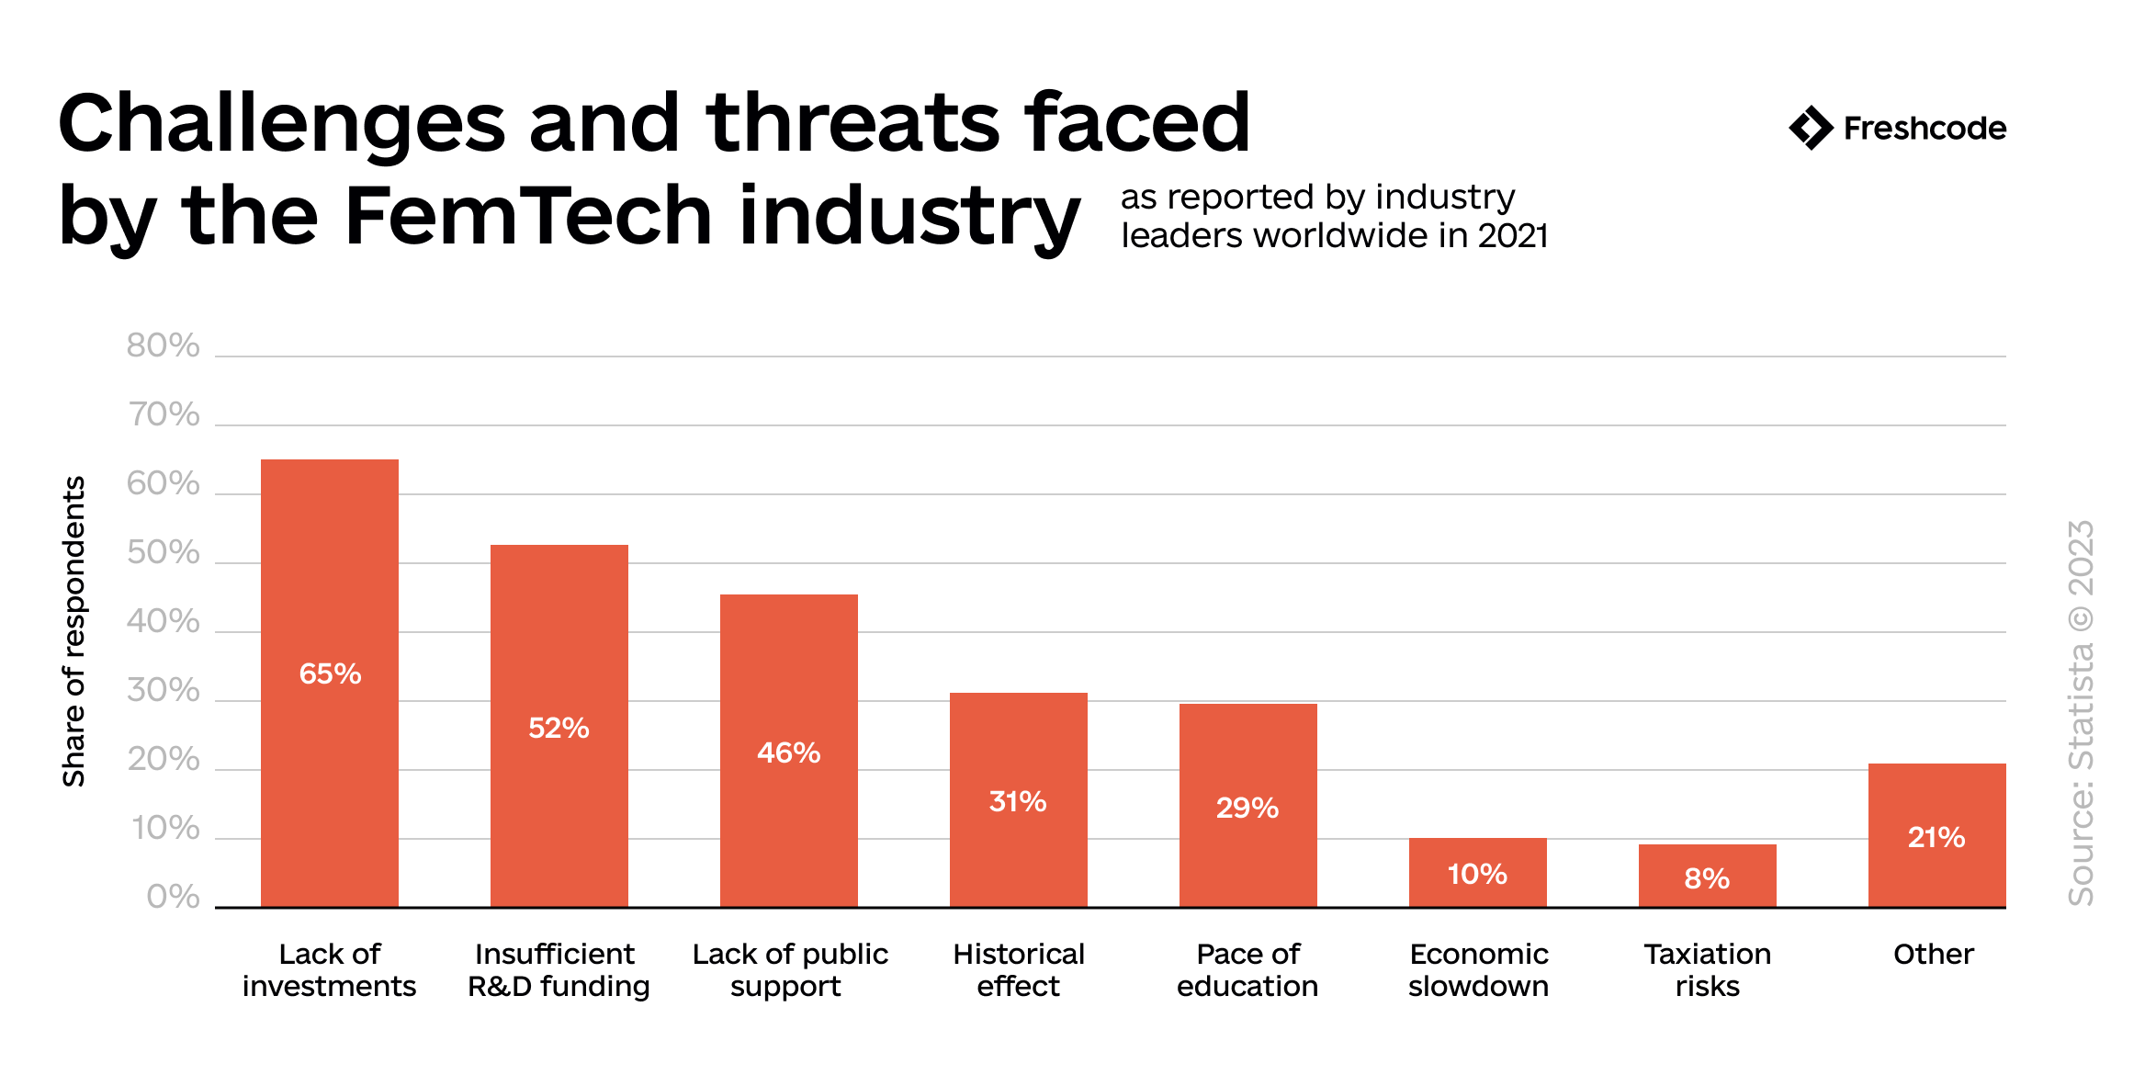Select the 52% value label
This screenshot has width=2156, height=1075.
pos(559,728)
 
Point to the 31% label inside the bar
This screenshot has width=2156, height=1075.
pos(1018,801)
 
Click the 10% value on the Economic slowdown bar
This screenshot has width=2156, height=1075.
pos(1477,874)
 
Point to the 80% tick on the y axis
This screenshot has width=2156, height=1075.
pos(163,345)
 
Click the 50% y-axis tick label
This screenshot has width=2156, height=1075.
pos(163,552)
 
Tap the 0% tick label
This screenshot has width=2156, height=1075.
pos(173,897)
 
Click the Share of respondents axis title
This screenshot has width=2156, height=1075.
pos(73,631)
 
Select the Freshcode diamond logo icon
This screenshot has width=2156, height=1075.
pos(1811,128)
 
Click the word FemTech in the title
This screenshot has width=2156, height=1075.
pos(528,216)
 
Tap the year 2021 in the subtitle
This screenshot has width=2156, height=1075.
pos(1513,236)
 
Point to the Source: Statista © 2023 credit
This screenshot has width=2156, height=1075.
pos(2081,713)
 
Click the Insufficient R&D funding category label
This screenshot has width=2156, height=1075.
pos(559,969)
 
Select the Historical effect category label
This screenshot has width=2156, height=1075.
pos(1018,969)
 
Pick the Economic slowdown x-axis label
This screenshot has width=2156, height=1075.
pos(1478,969)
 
